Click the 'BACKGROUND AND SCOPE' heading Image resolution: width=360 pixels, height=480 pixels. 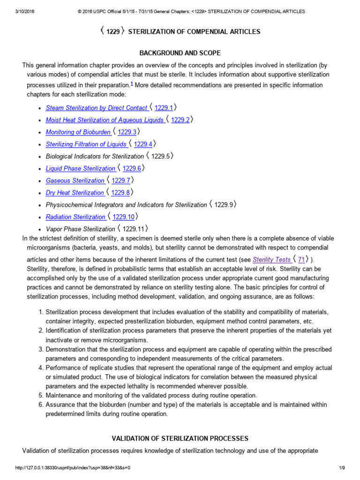point(180,53)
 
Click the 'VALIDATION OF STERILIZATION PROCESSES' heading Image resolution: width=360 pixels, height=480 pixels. point(180,438)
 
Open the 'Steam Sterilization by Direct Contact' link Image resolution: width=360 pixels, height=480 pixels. point(97,108)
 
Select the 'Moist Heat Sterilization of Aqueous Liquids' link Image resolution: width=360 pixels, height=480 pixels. point(105,120)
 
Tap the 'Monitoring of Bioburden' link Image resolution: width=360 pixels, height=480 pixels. point(78,132)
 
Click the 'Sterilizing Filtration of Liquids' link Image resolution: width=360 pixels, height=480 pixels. point(86,144)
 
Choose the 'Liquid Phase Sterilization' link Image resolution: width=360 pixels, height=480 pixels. point(81,168)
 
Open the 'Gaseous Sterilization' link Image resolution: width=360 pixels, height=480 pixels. point(75,180)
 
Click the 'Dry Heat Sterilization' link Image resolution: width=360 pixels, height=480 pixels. point(75,193)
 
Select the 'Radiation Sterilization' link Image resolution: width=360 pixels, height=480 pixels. point(75,217)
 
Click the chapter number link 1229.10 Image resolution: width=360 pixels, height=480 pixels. point(123,217)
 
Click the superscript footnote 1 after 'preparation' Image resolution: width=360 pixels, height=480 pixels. point(132,83)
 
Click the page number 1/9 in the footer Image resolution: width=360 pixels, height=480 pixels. point(342,468)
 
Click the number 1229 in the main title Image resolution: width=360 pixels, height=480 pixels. point(112,32)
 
